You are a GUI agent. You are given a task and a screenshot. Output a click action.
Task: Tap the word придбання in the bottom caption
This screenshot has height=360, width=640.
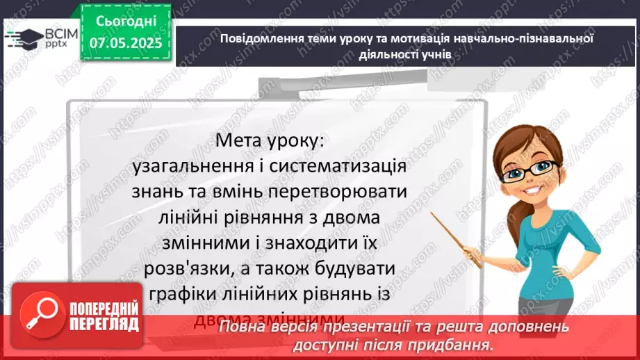pyautogui.click(x=451, y=345)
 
